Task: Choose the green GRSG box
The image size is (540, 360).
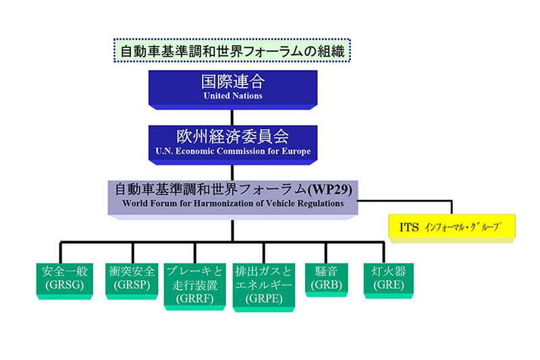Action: (62, 278)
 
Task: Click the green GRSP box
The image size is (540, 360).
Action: (132, 278)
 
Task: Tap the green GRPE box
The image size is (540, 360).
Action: (263, 284)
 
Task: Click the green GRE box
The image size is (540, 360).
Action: (383, 278)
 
